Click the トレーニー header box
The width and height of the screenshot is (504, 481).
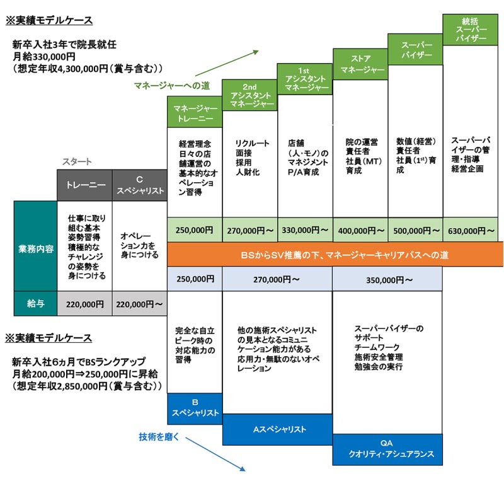pyautogui.click(x=84, y=185)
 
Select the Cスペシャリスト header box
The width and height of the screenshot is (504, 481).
pyautogui.click(x=139, y=185)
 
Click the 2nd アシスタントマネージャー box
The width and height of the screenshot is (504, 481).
pyautogui.click(x=249, y=95)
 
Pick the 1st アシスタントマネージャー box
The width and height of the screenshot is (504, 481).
pyautogui.click(x=305, y=79)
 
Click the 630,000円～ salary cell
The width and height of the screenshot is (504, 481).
pyautogui.click(x=471, y=229)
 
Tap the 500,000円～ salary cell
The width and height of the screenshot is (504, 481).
pyautogui.click(x=415, y=229)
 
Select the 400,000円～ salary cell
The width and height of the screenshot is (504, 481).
pyautogui.click(x=360, y=229)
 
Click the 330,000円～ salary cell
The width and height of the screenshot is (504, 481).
pyautogui.click(x=305, y=229)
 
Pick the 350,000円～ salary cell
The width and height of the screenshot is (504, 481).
pyautogui.click(x=387, y=279)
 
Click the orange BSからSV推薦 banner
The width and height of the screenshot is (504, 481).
pyautogui.click(x=335, y=255)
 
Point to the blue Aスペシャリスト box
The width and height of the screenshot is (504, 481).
pyautogui.click(x=277, y=429)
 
